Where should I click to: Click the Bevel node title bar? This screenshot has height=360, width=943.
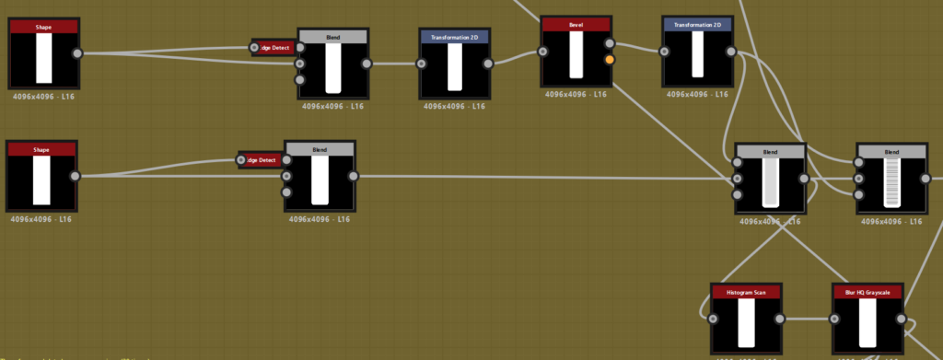click(576, 24)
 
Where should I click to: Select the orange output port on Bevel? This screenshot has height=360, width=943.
click(610, 60)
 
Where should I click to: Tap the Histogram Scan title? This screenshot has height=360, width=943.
click(746, 292)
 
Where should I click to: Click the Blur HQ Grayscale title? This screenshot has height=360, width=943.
click(867, 292)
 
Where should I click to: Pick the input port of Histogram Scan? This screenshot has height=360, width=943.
click(713, 319)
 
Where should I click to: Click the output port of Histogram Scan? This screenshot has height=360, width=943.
click(780, 319)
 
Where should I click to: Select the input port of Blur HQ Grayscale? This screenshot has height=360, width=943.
click(834, 319)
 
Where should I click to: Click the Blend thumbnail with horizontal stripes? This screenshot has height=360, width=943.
click(891, 181)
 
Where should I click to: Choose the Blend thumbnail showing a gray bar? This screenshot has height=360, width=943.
click(770, 181)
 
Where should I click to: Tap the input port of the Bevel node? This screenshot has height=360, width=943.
click(543, 51)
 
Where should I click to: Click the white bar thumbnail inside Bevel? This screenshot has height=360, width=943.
click(576, 55)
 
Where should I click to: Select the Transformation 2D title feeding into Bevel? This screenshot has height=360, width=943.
click(455, 37)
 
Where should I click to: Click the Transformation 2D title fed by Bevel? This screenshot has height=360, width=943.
click(697, 24)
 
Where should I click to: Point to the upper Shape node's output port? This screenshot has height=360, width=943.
click(76, 53)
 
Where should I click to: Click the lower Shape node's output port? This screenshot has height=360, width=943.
click(75, 176)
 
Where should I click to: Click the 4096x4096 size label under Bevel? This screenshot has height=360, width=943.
click(576, 94)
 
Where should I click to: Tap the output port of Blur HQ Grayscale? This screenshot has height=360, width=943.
click(902, 319)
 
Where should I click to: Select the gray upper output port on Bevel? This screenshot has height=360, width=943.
click(610, 42)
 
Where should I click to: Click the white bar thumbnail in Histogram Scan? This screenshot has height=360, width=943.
click(746, 323)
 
